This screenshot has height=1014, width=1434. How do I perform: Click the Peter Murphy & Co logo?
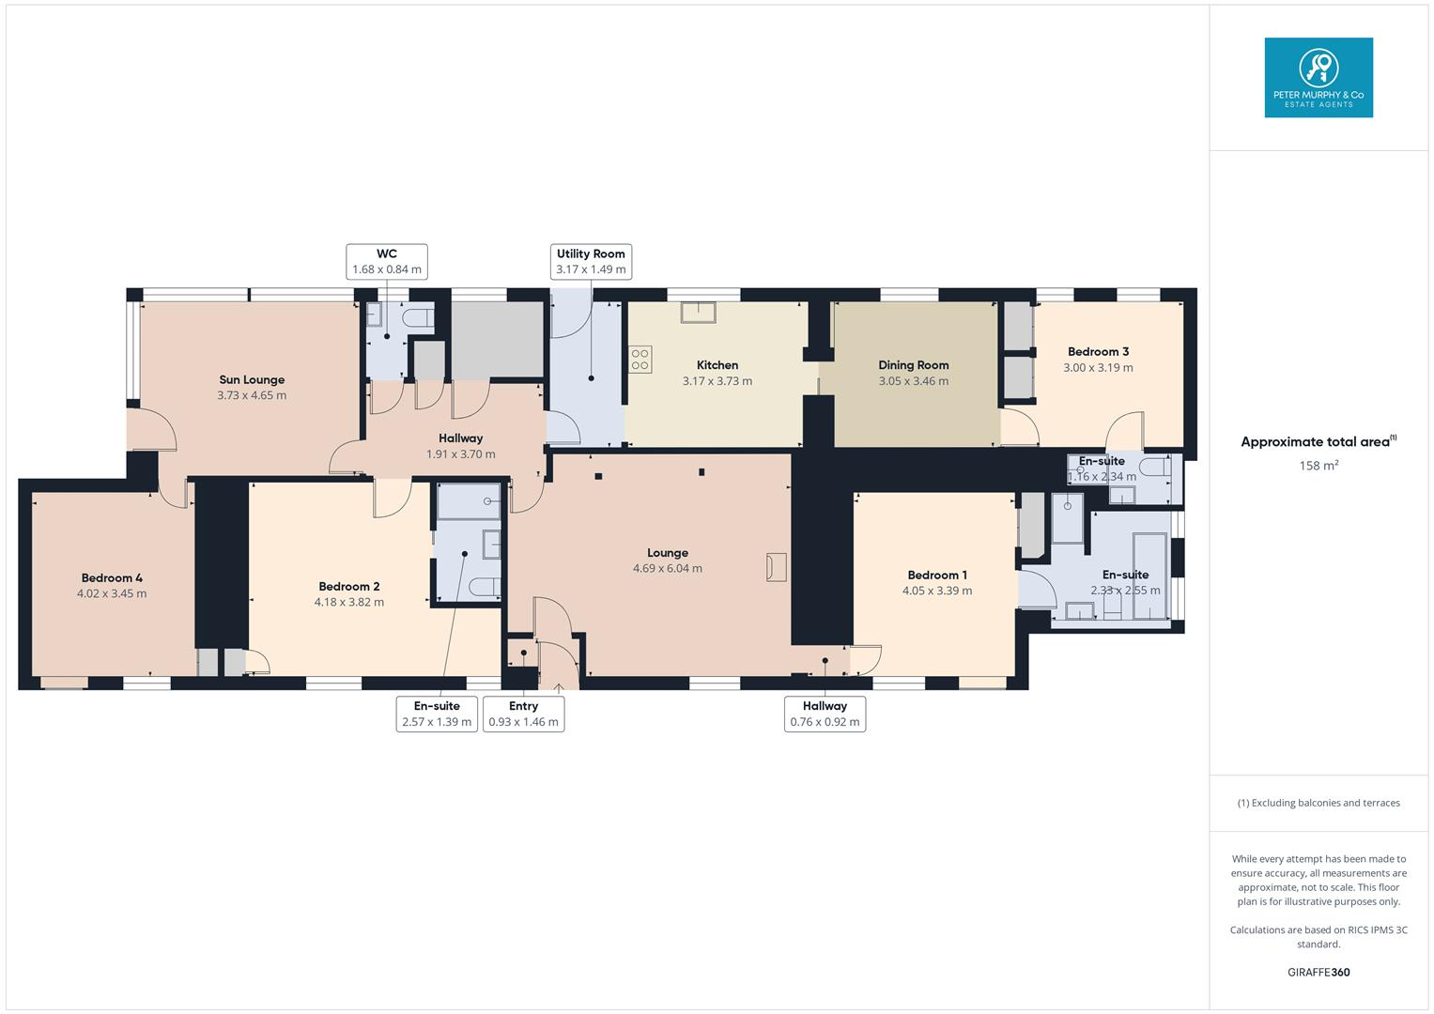click(x=1318, y=78)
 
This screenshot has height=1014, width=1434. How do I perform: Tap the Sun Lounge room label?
click(x=252, y=380)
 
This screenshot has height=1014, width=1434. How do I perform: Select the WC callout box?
click(x=387, y=261)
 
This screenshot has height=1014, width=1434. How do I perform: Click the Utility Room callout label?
click(x=591, y=261)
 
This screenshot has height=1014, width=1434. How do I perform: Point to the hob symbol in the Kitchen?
click(x=640, y=359)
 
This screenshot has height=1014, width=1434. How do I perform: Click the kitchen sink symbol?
click(x=698, y=312)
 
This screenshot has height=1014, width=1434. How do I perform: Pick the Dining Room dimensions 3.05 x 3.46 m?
click(x=913, y=381)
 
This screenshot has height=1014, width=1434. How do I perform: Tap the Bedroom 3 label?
click(x=1098, y=352)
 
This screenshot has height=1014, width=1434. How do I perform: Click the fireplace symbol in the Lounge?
click(x=776, y=567)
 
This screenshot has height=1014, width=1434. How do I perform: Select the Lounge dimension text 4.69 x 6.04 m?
click(x=667, y=568)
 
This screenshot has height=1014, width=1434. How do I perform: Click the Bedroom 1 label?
click(x=936, y=576)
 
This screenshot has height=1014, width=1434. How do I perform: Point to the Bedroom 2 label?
click(x=348, y=587)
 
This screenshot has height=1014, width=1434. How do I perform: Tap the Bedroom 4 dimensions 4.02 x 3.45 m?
click(x=112, y=593)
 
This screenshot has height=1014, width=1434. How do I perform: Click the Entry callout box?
click(x=523, y=714)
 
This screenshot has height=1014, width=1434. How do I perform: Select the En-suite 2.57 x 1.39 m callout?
click(x=437, y=714)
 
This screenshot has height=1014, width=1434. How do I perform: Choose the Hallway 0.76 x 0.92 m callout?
click(x=825, y=714)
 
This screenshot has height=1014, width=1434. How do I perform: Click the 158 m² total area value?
click(x=1318, y=466)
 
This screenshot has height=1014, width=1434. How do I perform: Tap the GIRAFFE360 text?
click(x=1318, y=972)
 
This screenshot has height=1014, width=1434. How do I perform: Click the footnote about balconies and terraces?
click(x=1318, y=803)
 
